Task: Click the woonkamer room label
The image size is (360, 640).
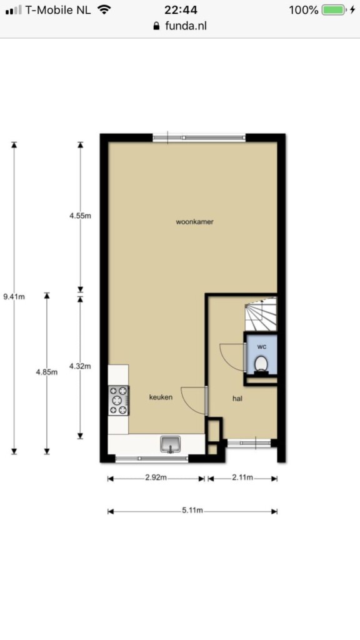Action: (x=195, y=222)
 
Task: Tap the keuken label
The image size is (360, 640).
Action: (x=161, y=397)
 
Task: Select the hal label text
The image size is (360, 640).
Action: (x=237, y=398)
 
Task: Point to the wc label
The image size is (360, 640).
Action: (x=262, y=346)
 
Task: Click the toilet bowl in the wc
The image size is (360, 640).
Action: (x=261, y=364)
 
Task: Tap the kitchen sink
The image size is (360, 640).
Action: (x=171, y=444)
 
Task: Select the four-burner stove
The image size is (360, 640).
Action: (x=118, y=401)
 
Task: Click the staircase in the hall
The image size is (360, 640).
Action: (x=261, y=314)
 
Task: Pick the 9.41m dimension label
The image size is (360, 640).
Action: (x=14, y=297)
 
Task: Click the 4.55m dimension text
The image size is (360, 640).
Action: (x=80, y=216)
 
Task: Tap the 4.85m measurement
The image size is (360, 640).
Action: (x=46, y=372)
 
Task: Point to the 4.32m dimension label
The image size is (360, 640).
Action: (x=80, y=366)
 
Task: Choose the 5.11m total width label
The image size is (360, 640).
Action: (x=192, y=511)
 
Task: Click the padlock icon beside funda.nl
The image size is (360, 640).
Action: (x=156, y=26)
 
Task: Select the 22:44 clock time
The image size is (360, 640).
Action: (x=181, y=10)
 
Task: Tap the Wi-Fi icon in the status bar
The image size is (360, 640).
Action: (x=105, y=10)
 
